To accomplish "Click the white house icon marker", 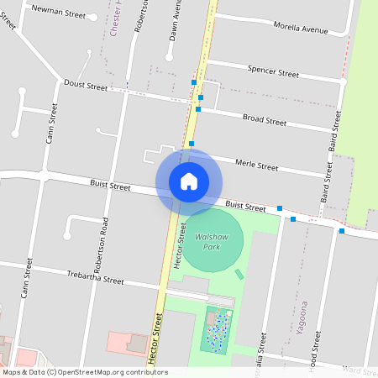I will [x=189, y=181].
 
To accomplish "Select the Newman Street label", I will [x=58, y=14].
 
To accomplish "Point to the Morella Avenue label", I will [x=300, y=28].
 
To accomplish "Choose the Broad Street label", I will [x=265, y=120].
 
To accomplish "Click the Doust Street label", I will [x=86, y=86].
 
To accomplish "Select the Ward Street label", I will [x=360, y=370].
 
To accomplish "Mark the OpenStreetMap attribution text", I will [x=85, y=372].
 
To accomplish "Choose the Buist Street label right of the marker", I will [x=245, y=205].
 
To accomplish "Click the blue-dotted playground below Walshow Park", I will [x=218, y=328].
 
